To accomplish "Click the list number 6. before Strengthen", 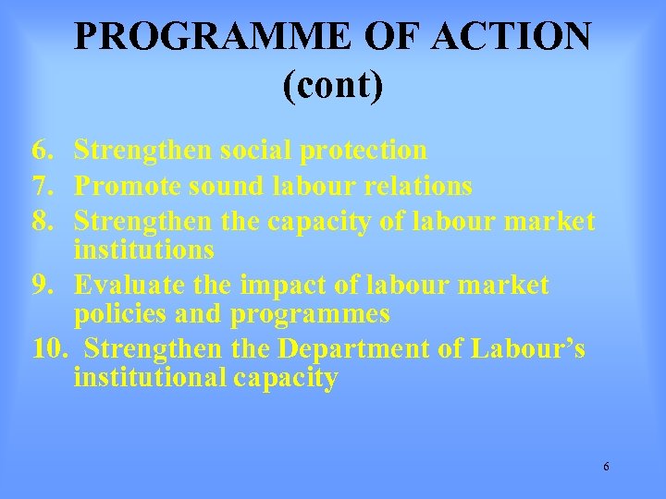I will pyautogui.click(x=41, y=150).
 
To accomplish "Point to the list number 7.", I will pyautogui.click(x=41, y=187).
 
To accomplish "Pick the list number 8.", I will pyautogui.click(x=41, y=222).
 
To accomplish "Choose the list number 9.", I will pyautogui.click(x=41, y=286).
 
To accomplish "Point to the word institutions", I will pyautogui.click(x=144, y=249).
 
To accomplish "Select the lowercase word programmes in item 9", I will pyautogui.click(x=310, y=314).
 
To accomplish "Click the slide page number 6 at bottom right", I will pyautogui.click(x=606, y=467).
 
